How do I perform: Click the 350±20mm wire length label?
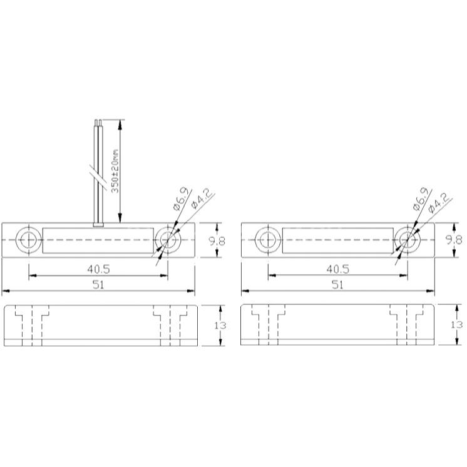[x=115, y=171]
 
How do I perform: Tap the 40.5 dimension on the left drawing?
[x=98, y=269]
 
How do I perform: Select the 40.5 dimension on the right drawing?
[x=338, y=269]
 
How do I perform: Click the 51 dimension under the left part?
[x=98, y=285]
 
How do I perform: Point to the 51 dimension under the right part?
[x=338, y=285]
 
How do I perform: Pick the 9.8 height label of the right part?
[x=454, y=240]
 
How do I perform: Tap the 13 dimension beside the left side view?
[x=220, y=326]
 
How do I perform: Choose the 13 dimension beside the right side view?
[x=456, y=324]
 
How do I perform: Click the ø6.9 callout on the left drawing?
[x=180, y=199]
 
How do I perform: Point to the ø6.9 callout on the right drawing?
[x=421, y=199]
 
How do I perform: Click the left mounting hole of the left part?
[x=29, y=240]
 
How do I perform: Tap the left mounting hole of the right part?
[x=268, y=240]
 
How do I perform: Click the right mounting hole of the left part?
[x=168, y=240]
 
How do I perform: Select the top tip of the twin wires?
[x=98, y=120]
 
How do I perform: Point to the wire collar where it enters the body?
[x=98, y=225]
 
